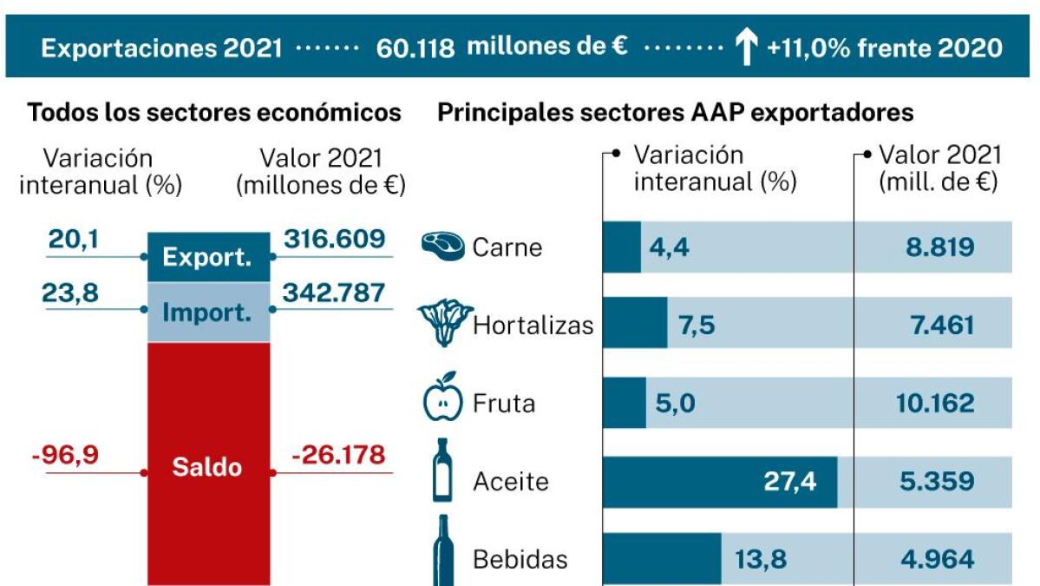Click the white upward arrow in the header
click(745, 48)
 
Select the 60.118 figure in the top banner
click(415, 48)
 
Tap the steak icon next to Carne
click(443, 246)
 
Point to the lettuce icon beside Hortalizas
click(444, 323)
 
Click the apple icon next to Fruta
click(442, 397)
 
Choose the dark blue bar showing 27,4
click(720, 482)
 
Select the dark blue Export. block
click(208, 257)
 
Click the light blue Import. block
click(208, 312)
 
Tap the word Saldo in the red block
click(207, 467)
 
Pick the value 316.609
click(334, 239)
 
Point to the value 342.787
click(334, 293)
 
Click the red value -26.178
click(338, 455)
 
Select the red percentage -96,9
click(65, 455)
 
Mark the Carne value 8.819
click(940, 247)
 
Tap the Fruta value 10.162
click(935, 404)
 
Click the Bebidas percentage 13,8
click(760, 559)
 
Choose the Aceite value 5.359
click(937, 482)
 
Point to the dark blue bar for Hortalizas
click(635, 323)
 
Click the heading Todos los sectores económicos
click(214, 113)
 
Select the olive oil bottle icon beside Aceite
click(442, 470)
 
